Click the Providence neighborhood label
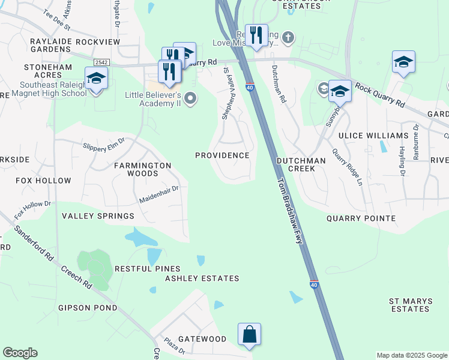222,155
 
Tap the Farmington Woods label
143,169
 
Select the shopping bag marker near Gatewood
249,334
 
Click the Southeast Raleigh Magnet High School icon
96,79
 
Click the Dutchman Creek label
301,165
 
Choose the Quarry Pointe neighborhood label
361,219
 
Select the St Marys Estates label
409,305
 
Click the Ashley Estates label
202,278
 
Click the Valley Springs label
98,216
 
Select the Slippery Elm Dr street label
104,144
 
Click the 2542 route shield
100,62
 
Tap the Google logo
20,353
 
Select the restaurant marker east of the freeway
256,35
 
